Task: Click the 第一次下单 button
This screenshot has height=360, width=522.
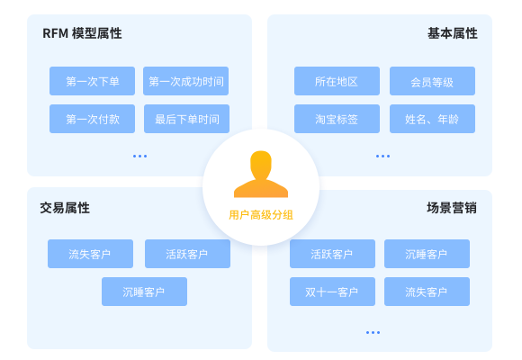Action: click(x=92, y=81)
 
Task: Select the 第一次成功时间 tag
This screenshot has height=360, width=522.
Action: click(x=185, y=81)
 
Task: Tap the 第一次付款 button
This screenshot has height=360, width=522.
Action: click(x=92, y=119)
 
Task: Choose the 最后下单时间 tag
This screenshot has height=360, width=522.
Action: click(x=187, y=119)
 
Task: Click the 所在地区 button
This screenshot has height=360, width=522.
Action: click(x=337, y=81)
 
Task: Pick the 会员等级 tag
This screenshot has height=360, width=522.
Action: click(x=432, y=81)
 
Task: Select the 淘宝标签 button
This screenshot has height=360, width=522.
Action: click(x=337, y=119)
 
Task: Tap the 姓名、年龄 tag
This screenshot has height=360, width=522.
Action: click(x=432, y=119)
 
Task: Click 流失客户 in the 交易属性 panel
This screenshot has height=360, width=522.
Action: click(x=91, y=254)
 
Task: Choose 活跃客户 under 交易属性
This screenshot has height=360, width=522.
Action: click(x=187, y=254)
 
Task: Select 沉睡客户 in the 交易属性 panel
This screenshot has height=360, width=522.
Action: click(x=145, y=292)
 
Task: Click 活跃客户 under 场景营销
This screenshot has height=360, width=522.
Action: click(x=333, y=254)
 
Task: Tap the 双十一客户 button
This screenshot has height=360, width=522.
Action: click(x=333, y=292)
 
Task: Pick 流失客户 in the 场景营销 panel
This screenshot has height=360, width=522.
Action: click(x=427, y=292)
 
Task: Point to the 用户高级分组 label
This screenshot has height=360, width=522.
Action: click(x=261, y=215)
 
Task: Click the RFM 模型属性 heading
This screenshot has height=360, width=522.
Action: click(x=82, y=33)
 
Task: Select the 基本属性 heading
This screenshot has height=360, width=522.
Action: click(x=453, y=33)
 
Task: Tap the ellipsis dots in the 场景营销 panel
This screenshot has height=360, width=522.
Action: click(x=373, y=332)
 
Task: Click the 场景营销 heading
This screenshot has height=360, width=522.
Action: click(x=452, y=208)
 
